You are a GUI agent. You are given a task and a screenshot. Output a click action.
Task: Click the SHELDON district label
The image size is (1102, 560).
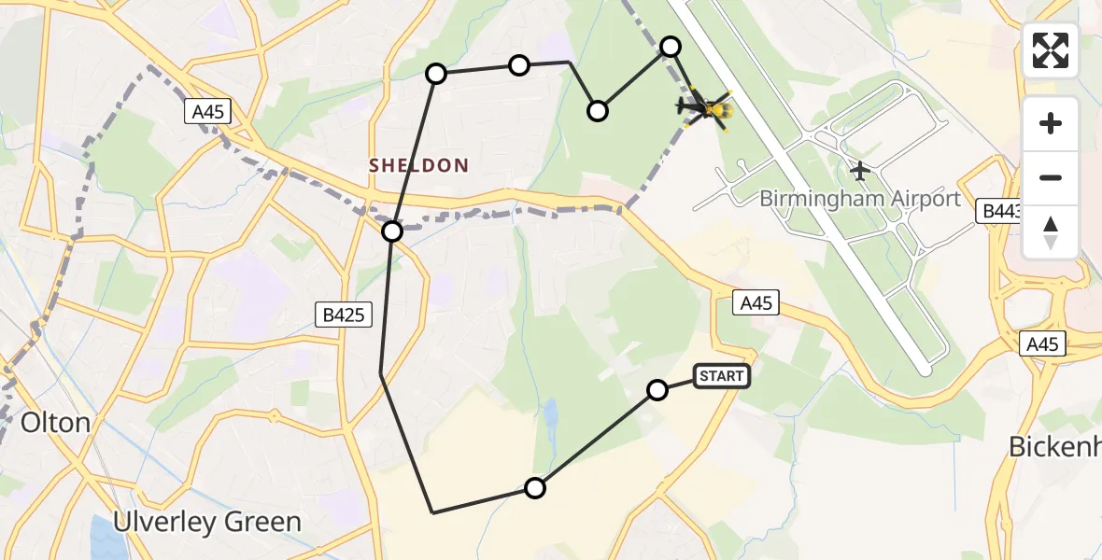coord(418,165)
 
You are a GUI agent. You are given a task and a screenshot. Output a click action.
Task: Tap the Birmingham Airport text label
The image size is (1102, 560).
coord(859,199)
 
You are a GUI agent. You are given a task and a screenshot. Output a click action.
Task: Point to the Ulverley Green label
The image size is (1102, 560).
coord(206,522)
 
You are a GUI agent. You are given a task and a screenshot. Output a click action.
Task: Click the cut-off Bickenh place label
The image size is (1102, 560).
coord(1054,447)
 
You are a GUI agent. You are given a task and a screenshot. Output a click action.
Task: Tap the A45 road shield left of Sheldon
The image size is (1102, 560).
coord(207,112)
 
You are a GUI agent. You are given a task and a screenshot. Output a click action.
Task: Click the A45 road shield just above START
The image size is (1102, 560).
coord(756,302)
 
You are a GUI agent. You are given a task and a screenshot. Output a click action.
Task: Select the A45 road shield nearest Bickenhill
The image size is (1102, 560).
coord(1041,344)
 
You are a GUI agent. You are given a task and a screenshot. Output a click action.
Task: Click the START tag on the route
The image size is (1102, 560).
coord(721,376)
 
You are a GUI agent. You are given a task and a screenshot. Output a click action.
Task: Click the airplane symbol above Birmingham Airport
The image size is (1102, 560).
coord(860,172)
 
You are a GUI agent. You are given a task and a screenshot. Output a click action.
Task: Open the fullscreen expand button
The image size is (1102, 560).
coord(1051,50)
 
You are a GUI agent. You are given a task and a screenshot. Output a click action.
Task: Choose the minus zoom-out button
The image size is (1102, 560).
coord(1051,177)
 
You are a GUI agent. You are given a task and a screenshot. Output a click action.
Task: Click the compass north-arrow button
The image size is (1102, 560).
coord(1051,233)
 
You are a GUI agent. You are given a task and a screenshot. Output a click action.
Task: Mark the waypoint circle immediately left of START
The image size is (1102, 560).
coord(657,390)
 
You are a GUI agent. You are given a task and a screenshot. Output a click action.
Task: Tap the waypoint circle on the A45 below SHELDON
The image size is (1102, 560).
coord(392,231)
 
